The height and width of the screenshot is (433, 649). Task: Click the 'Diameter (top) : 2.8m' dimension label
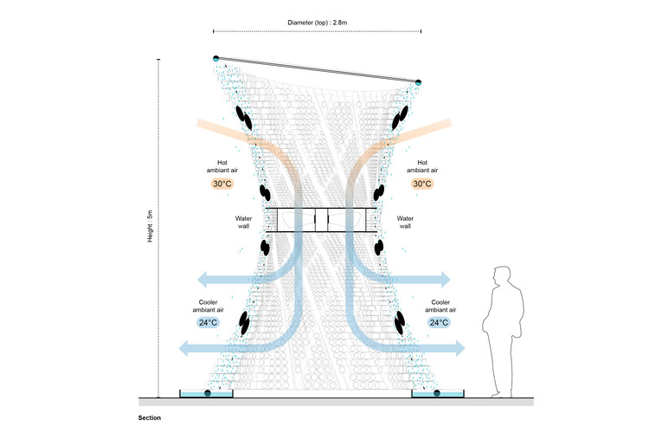coord(318,22)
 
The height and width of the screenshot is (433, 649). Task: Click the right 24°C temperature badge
coord(439,322)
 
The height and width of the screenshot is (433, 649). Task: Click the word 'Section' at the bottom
coord(149,418)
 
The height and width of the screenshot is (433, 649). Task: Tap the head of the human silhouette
coord(499,278)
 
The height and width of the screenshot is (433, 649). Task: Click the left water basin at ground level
coord(206,394)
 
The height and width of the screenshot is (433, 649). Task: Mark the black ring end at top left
coord(215,58)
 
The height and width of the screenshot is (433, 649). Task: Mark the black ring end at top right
coord(419,82)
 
